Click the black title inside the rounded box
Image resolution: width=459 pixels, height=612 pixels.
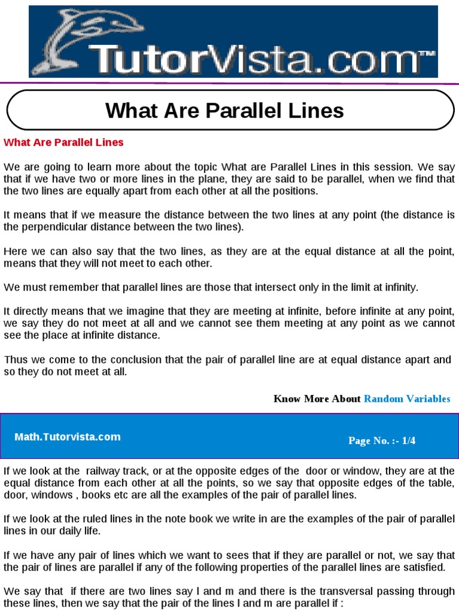225,111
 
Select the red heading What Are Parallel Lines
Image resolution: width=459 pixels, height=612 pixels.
63,142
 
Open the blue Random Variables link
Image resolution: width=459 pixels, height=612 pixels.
407,399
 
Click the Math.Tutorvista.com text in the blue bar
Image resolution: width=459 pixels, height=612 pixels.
68,437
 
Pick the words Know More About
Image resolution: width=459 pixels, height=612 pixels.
317,399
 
